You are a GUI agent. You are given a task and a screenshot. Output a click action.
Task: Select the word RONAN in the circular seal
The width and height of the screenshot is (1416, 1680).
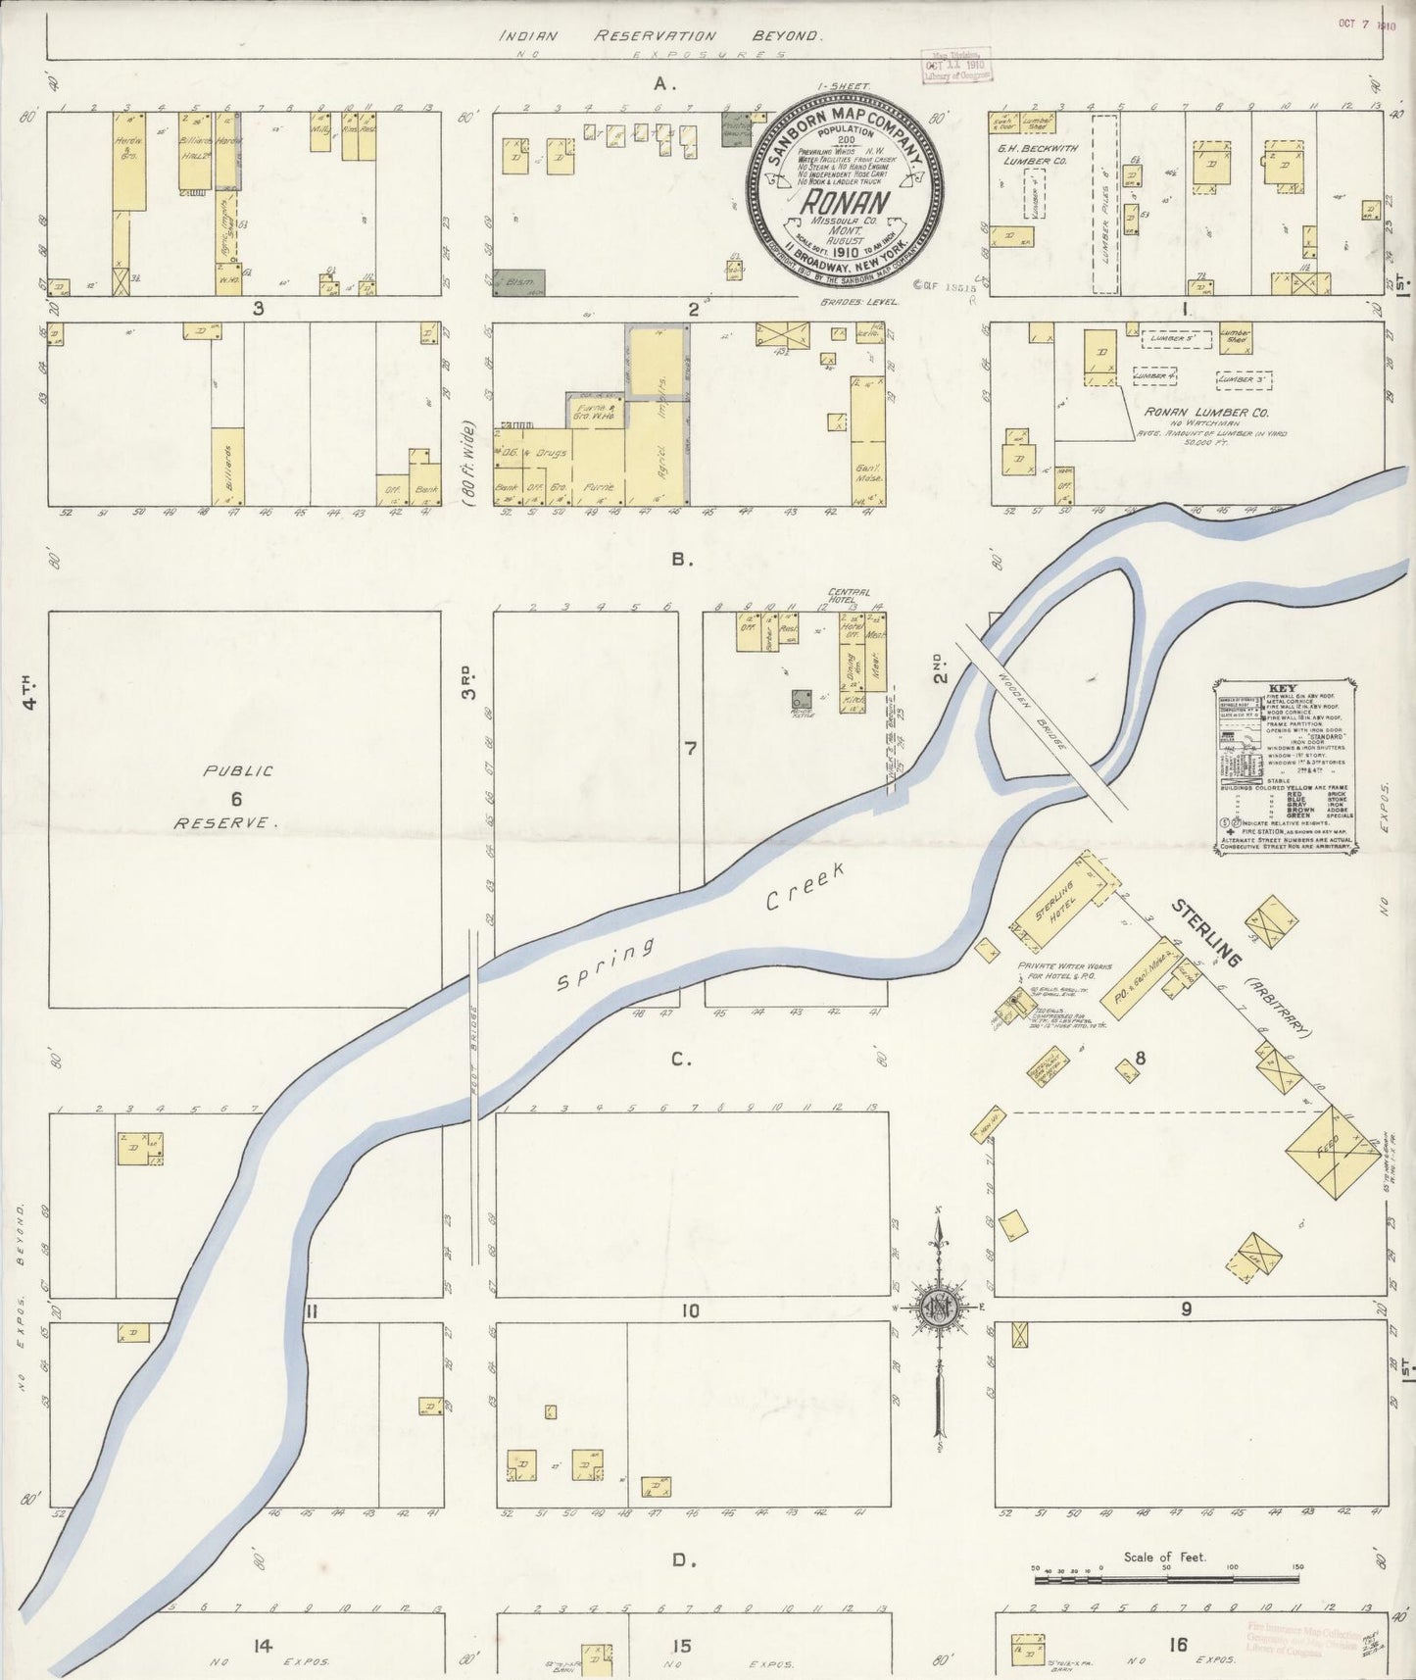(845, 203)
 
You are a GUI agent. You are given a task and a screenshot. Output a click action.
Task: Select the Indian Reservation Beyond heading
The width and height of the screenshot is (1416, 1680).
(658, 34)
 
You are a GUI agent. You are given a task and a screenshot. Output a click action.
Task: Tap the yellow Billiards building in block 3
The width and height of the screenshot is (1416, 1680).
(227, 467)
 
